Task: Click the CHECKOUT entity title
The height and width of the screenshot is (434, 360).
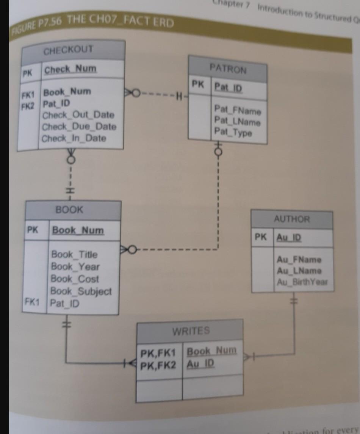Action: click(x=68, y=50)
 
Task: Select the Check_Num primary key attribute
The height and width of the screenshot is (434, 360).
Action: click(x=70, y=69)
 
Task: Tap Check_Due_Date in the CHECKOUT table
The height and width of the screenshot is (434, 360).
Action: click(x=79, y=127)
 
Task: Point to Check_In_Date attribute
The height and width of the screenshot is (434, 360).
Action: click(x=74, y=138)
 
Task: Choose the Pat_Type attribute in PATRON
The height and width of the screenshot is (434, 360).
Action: click(x=233, y=132)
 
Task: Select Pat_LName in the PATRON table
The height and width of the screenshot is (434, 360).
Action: click(x=237, y=122)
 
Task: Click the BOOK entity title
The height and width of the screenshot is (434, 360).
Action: click(x=69, y=210)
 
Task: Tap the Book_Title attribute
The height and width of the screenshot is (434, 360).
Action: click(x=74, y=254)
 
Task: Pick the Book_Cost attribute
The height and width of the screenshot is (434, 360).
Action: click(x=75, y=279)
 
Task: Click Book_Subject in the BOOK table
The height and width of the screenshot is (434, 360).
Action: click(x=81, y=291)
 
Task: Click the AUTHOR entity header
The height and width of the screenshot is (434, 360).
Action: click(x=292, y=219)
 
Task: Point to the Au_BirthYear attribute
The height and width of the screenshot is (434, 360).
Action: click(x=302, y=282)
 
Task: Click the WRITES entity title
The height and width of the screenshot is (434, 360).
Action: click(x=191, y=331)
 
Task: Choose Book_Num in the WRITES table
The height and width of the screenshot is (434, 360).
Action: click(x=212, y=351)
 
